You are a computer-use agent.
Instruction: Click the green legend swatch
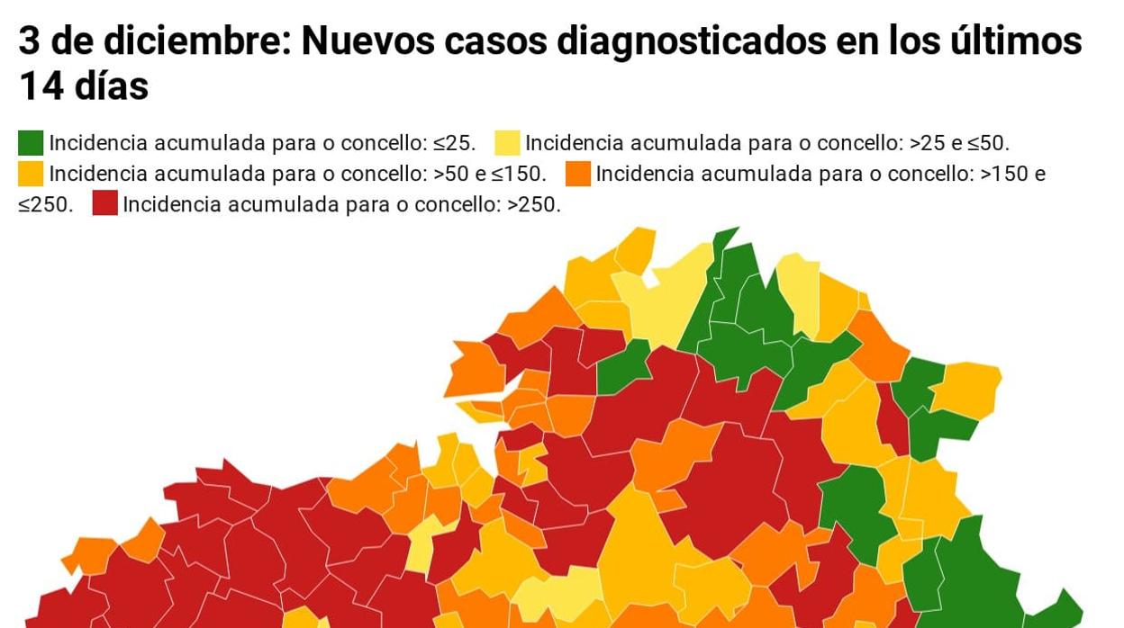pyautogui.click(x=31, y=143)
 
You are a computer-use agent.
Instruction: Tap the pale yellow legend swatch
pyautogui.click(x=507, y=143)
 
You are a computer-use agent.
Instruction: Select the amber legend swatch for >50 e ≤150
pyautogui.click(x=31, y=174)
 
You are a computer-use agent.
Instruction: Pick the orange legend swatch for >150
pyautogui.click(x=578, y=174)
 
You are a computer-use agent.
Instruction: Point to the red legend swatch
pyautogui.click(x=104, y=204)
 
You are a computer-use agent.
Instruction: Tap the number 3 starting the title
pyautogui.click(x=29, y=41)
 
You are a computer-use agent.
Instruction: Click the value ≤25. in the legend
pyautogui.click(x=454, y=143)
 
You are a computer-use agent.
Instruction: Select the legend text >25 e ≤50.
pyautogui.click(x=960, y=143)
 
